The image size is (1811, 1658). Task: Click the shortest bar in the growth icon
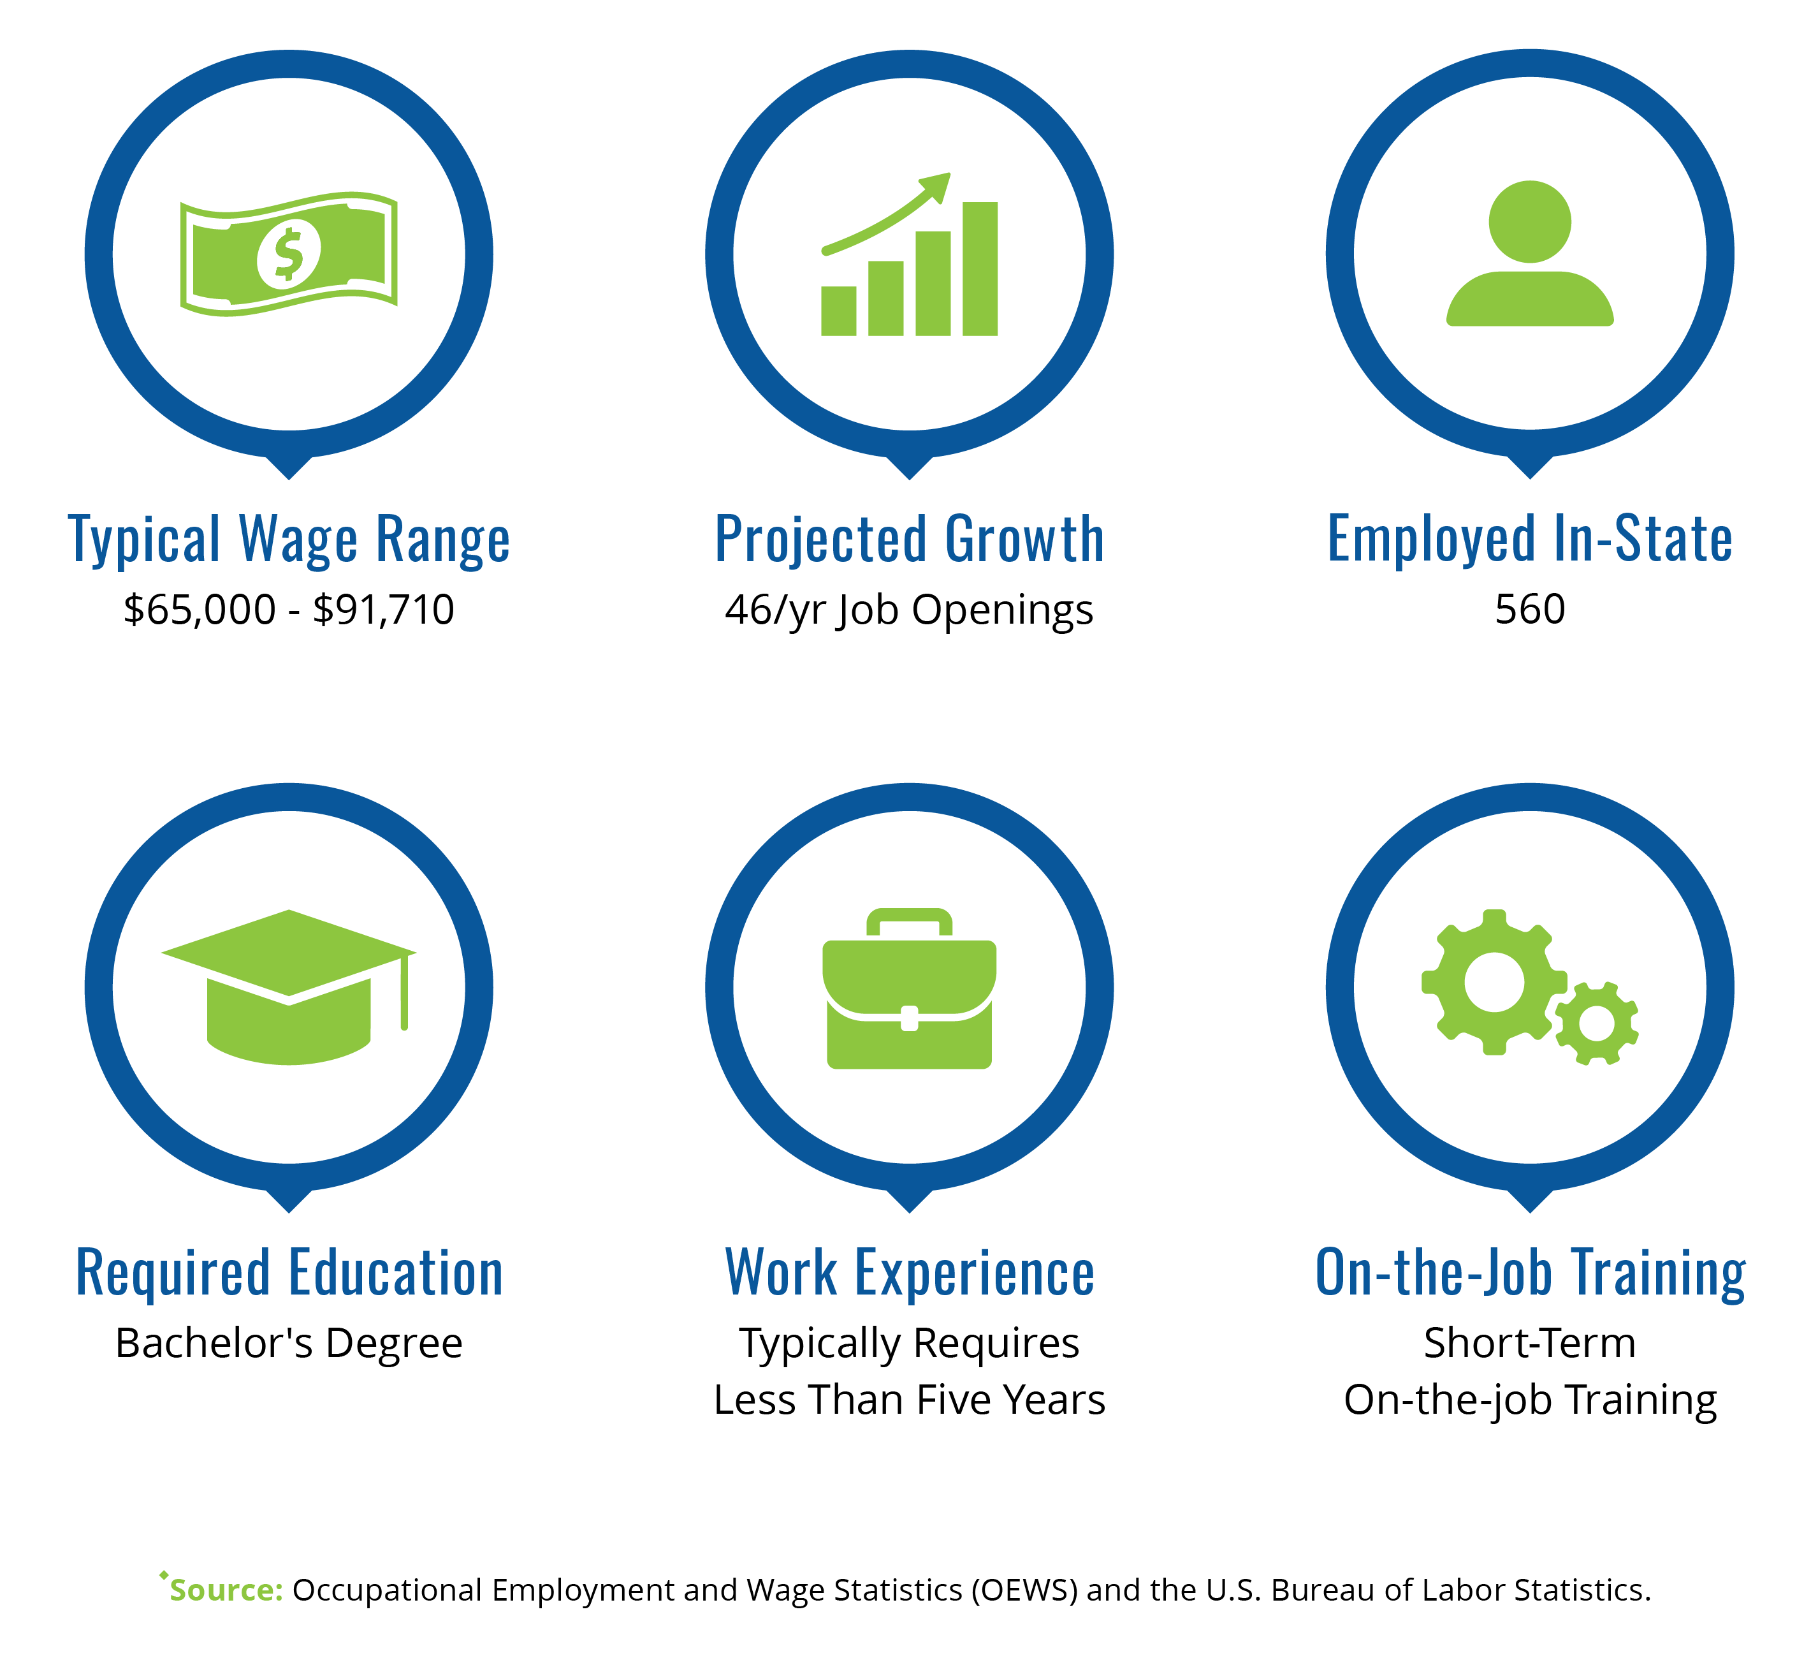coord(838,311)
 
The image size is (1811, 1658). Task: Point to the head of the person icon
coord(1530,222)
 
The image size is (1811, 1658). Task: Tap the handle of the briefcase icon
coord(909,922)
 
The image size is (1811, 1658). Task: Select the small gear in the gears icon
coord(1596,1023)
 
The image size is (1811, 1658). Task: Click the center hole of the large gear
coord(1494,982)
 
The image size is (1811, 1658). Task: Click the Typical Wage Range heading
coord(289,540)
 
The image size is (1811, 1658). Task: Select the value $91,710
coord(384,609)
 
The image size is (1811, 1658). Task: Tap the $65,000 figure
coord(200,609)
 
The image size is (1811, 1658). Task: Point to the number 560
coord(1530,609)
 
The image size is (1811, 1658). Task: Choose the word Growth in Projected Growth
coord(1024,539)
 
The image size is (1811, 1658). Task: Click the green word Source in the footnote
coord(226,1590)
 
